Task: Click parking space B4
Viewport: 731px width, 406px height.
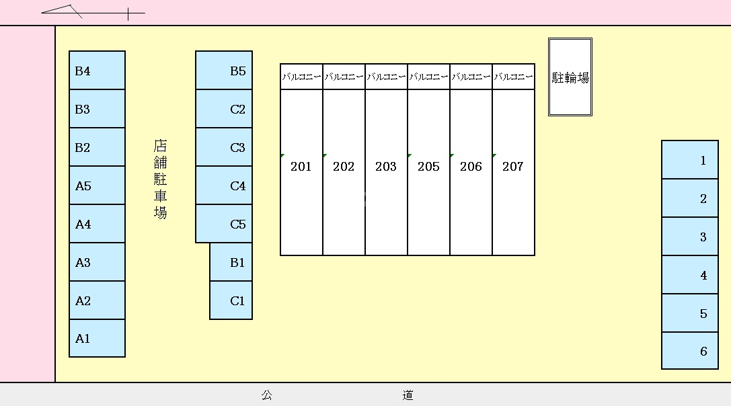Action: (x=97, y=71)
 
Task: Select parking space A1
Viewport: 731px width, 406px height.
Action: (x=97, y=338)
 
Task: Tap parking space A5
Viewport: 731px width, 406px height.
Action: (x=97, y=186)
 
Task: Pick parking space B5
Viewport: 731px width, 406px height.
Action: (x=224, y=71)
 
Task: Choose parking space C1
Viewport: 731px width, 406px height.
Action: (x=231, y=300)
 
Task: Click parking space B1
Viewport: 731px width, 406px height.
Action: (x=231, y=262)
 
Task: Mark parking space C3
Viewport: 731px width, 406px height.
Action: (x=224, y=147)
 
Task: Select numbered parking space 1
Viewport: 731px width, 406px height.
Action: (x=690, y=160)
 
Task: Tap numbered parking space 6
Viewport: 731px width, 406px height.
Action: (x=690, y=351)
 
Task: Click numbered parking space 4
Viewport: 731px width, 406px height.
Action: (x=690, y=275)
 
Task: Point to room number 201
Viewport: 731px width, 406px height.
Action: (x=301, y=166)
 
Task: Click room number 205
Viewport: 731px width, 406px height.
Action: (x=428, y=166)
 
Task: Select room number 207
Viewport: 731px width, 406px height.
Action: (x=513, y=166)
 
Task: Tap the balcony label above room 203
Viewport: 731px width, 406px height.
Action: (x=386, y=77)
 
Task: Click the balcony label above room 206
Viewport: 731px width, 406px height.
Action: (x=471, y=77)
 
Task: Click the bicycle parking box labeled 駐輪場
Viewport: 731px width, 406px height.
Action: (x=570, y=77)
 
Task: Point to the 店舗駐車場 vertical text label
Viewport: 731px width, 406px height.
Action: (x=160, y=179)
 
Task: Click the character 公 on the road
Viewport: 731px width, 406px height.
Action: (x=267, y=395)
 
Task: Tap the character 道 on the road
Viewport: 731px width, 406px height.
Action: (x=408, y=395)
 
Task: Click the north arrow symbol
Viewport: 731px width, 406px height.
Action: (x=93, y=11)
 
